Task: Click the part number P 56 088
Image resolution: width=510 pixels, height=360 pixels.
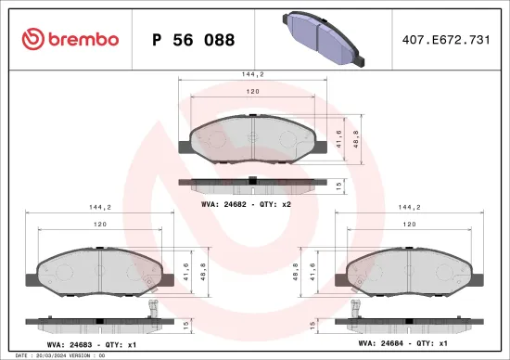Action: pyautogui.click(x=192, y=40)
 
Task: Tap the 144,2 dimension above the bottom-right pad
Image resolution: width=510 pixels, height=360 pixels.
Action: pyautogui.click(x=409, y=209)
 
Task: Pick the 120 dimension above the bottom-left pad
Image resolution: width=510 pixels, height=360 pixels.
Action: pyautogui.click(x=99, y=225)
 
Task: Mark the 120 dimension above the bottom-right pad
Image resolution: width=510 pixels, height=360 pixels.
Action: pyautogui.click(x=409, y=225)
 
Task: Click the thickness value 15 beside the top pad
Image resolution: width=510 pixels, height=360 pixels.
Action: pyautogui.click(x=340, y=185)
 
